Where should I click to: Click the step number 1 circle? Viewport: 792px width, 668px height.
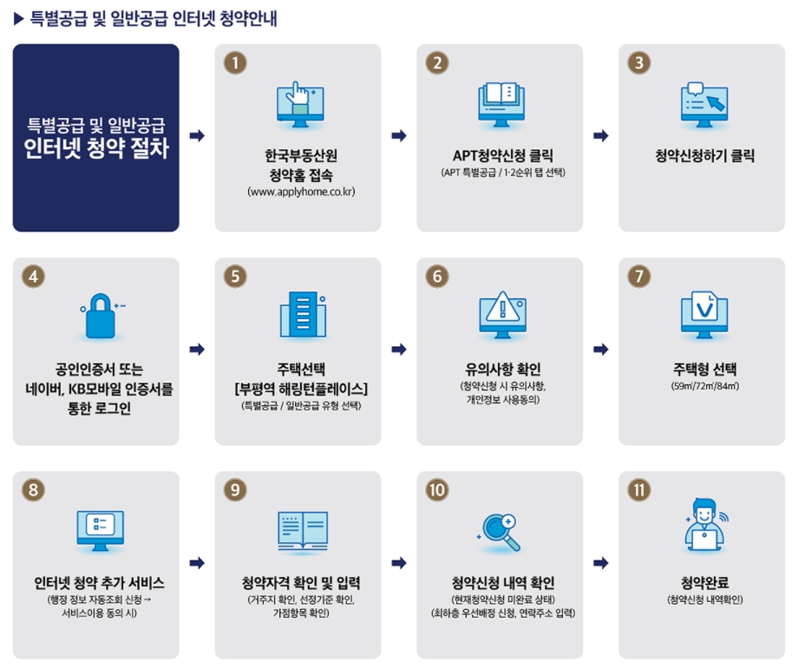point(235,62)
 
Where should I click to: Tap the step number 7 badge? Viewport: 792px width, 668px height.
point(639,276)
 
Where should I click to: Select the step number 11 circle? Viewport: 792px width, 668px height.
point(639,489)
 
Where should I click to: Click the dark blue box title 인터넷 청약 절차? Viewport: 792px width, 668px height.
point(96,147)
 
